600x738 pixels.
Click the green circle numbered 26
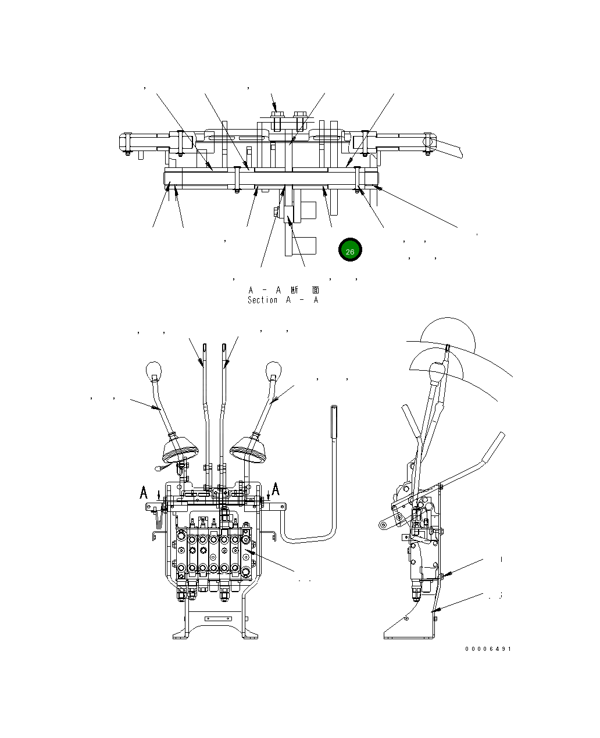pyautogui.click(x=350, y=250)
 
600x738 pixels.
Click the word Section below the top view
pyautogui.click(x=262, y=300)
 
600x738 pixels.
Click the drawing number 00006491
pyautogui.click(x=488, y=649)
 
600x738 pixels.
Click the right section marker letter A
pyautogui.click(x=276, y=489)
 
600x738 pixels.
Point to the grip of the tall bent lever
pyautogui.click(x=334, y=422)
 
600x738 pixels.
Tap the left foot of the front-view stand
pyautogui.click(x=181, y=633)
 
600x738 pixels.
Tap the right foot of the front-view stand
pyautogui.click(x=250, y=633)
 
